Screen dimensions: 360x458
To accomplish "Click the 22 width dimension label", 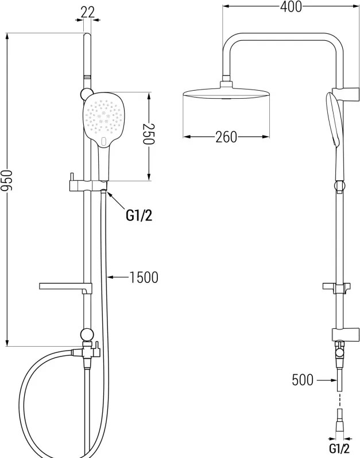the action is pos(88,12).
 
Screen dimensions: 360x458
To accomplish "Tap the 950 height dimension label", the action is pos(6,180).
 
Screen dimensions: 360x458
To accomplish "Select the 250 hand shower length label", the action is pos(149,134).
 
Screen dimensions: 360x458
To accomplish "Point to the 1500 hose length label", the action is pos(144,277).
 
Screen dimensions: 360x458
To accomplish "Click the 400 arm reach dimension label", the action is pos(291,6).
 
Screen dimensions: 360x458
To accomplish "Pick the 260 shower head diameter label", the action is pos(226,137).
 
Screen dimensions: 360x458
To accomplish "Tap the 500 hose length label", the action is pos(303,380).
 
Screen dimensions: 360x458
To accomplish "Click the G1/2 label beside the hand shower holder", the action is pos(139,216).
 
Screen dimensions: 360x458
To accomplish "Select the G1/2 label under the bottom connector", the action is pos(339,448).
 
